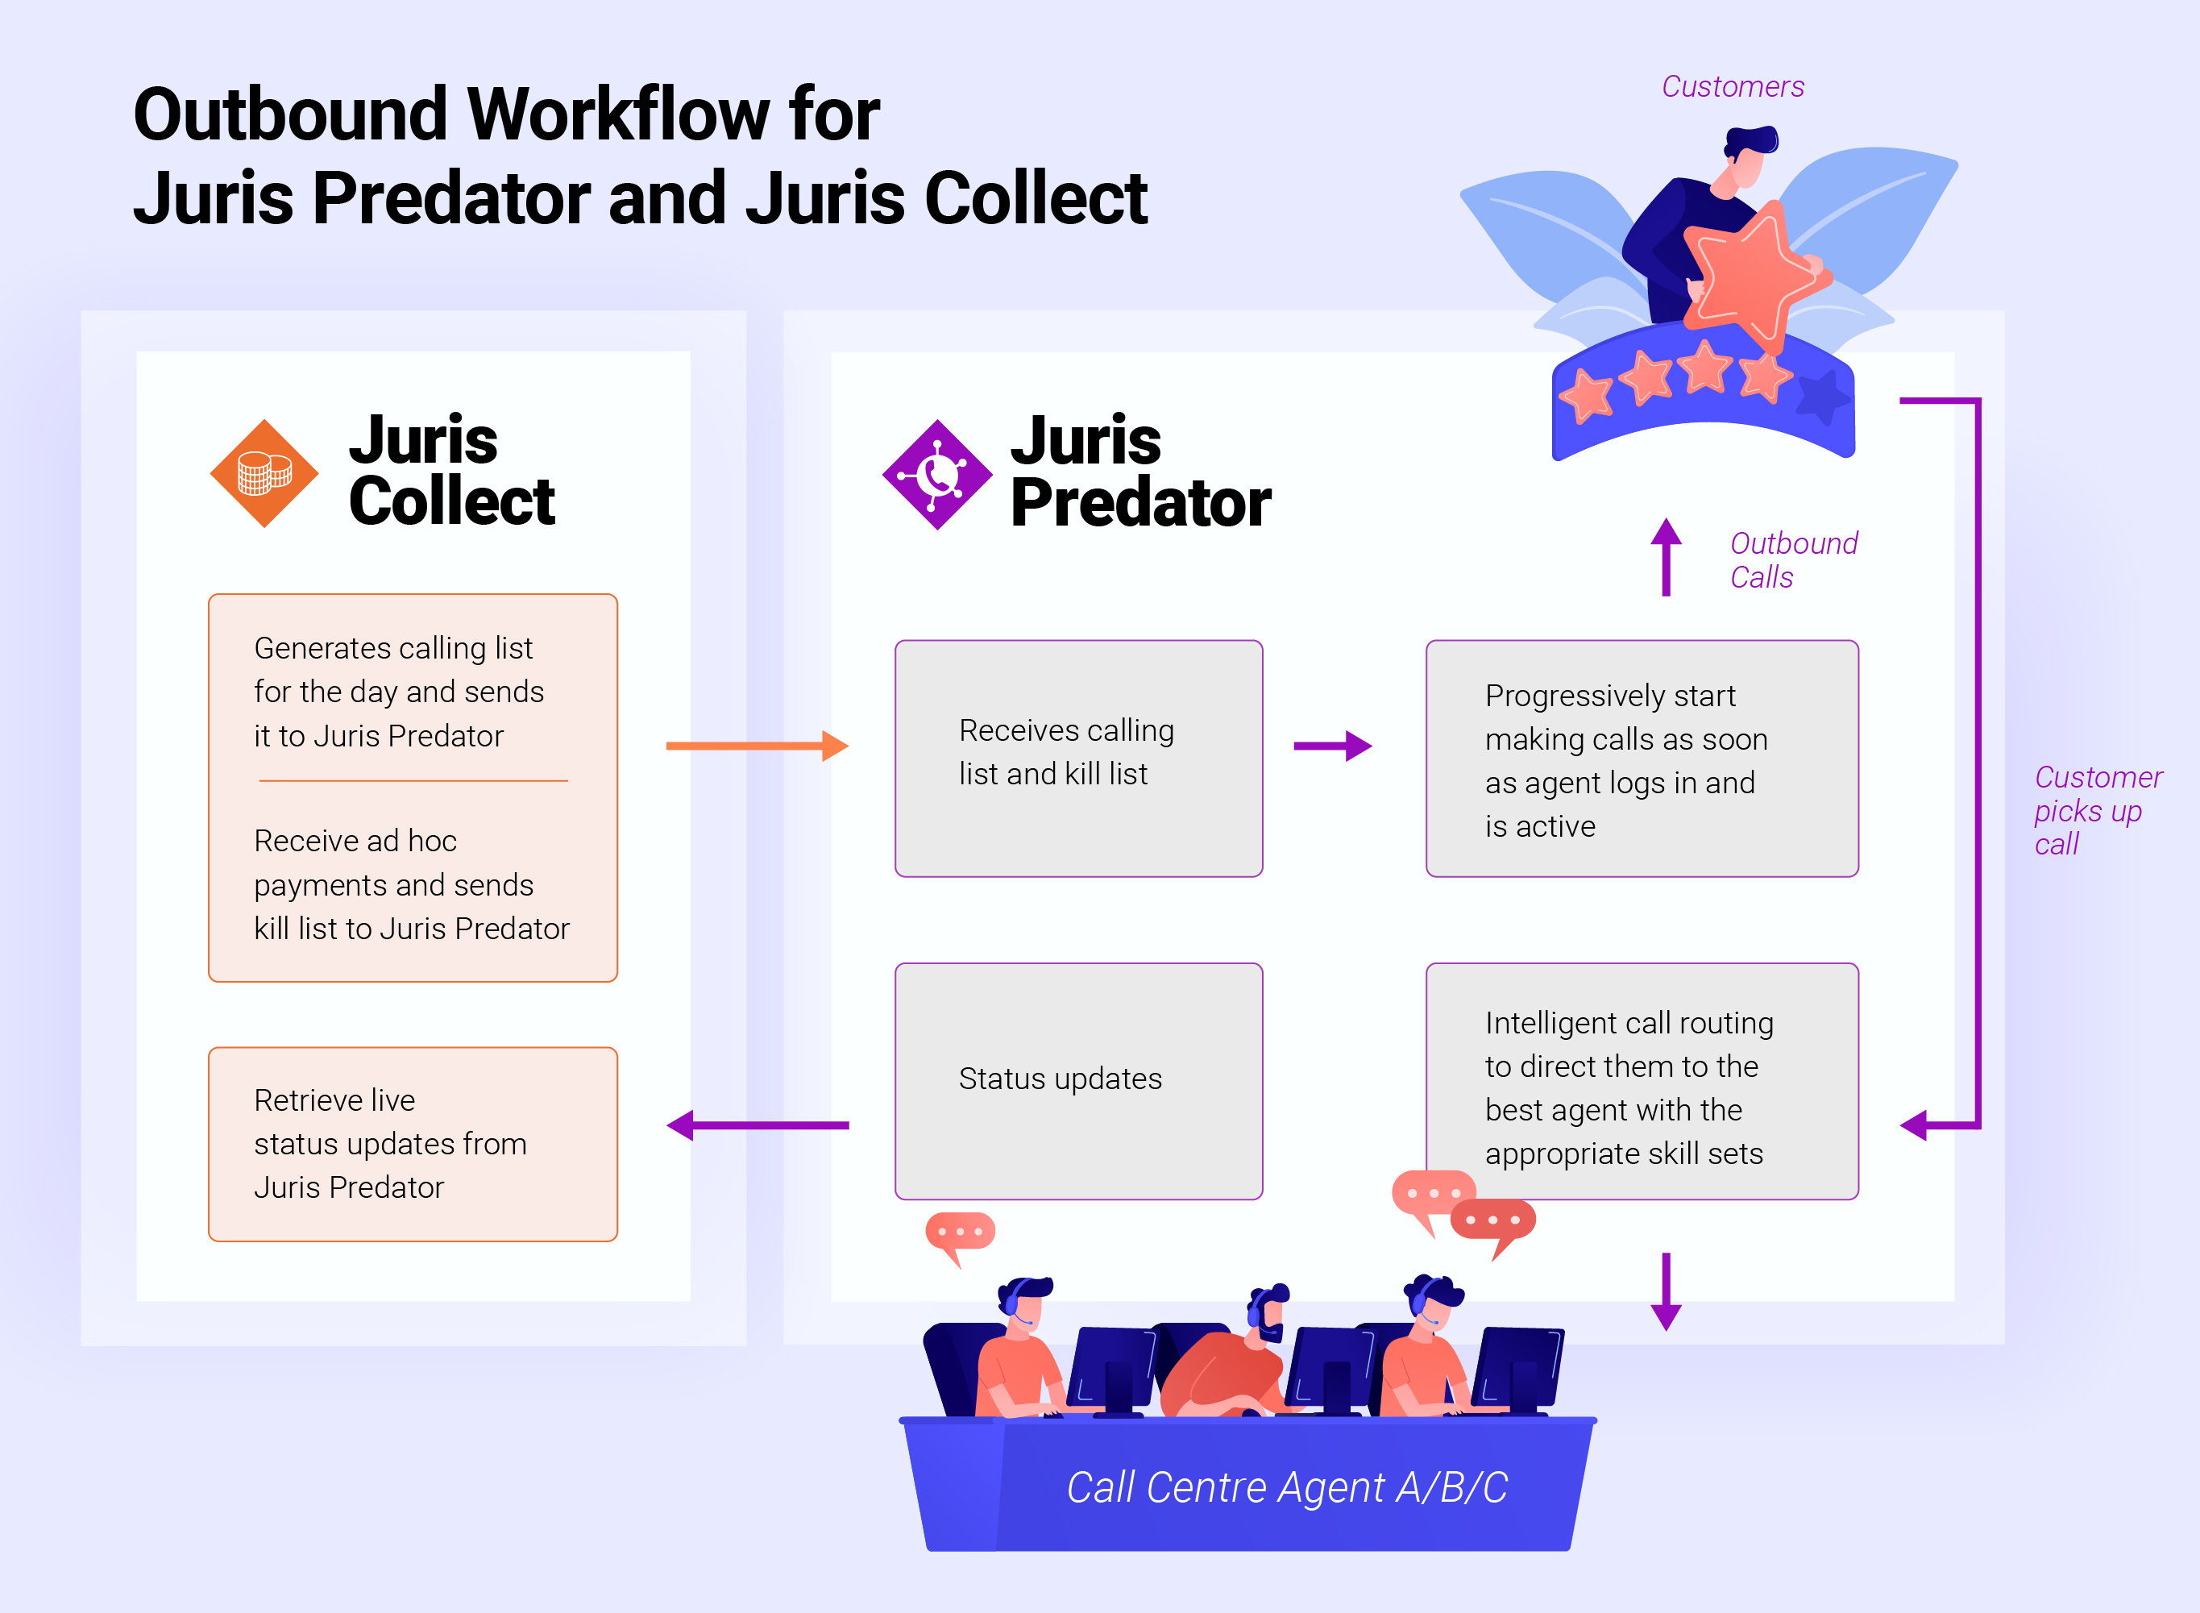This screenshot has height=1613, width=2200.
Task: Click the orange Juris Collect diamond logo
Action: point(264,473)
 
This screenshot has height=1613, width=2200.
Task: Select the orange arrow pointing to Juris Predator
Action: point(757,746)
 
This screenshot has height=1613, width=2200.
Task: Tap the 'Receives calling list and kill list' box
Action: point(1078,758)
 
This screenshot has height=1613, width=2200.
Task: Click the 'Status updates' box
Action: point(1078,1080)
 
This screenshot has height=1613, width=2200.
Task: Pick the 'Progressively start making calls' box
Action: point(1641,758)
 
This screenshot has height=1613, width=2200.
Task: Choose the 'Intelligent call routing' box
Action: point(1641,1080)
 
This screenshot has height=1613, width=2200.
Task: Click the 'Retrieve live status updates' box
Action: point(413,1143)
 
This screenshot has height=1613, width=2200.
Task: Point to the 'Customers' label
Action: point(1733,87)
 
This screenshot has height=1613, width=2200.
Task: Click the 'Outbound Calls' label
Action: point(1792,560)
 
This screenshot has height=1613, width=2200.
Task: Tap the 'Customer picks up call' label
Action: point(2097,810)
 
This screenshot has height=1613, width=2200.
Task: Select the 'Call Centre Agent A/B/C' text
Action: point(1286,1487)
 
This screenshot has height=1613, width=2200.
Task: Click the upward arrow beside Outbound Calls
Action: point(1666,556)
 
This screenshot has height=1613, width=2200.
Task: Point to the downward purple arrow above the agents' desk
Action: point(1666,1291)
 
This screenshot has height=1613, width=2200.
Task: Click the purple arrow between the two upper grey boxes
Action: point(1332,746)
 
